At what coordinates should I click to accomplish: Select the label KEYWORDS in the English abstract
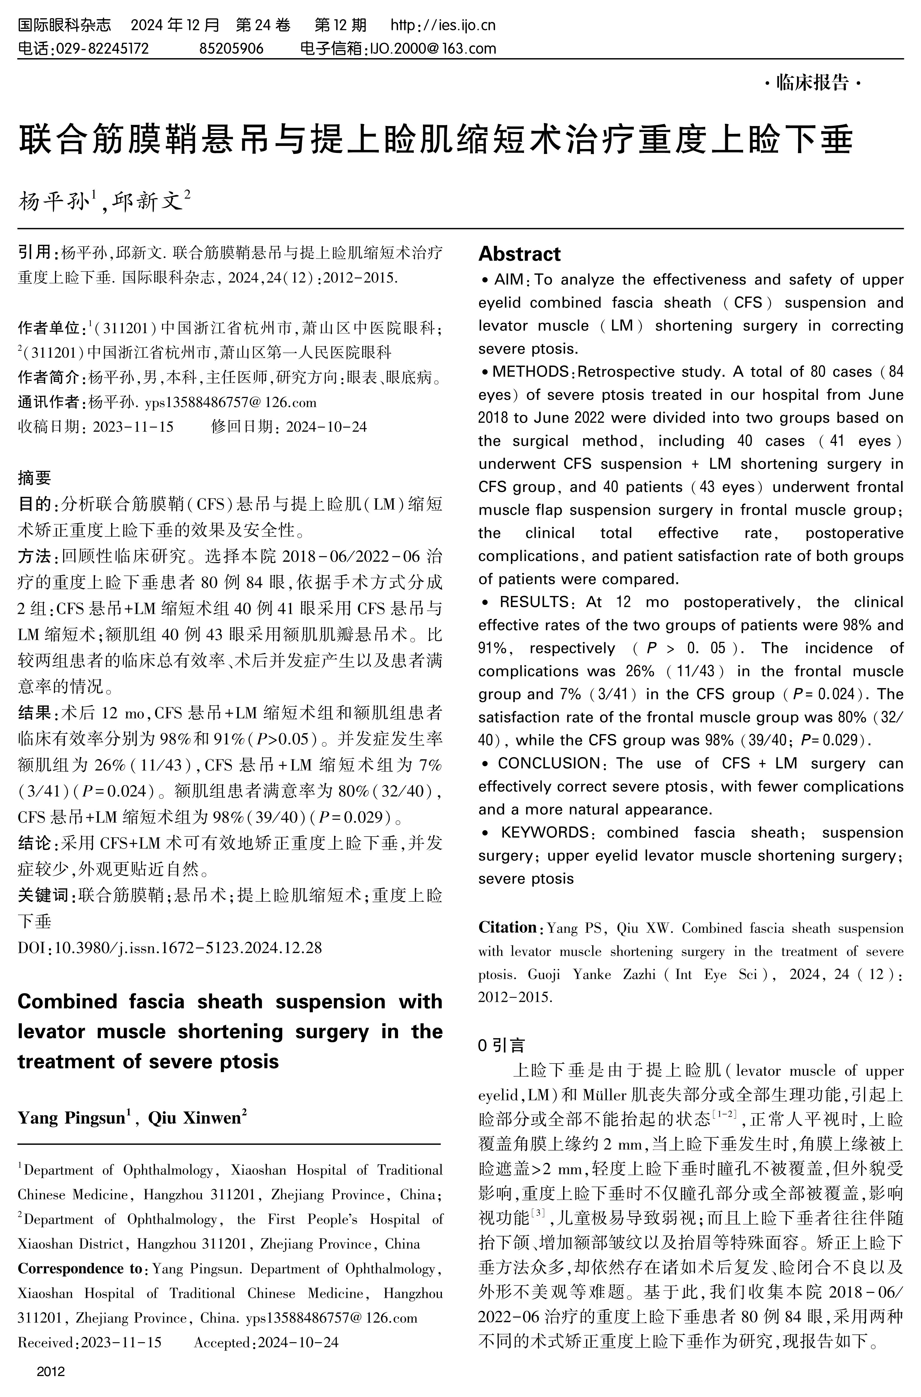click(544, 833)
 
